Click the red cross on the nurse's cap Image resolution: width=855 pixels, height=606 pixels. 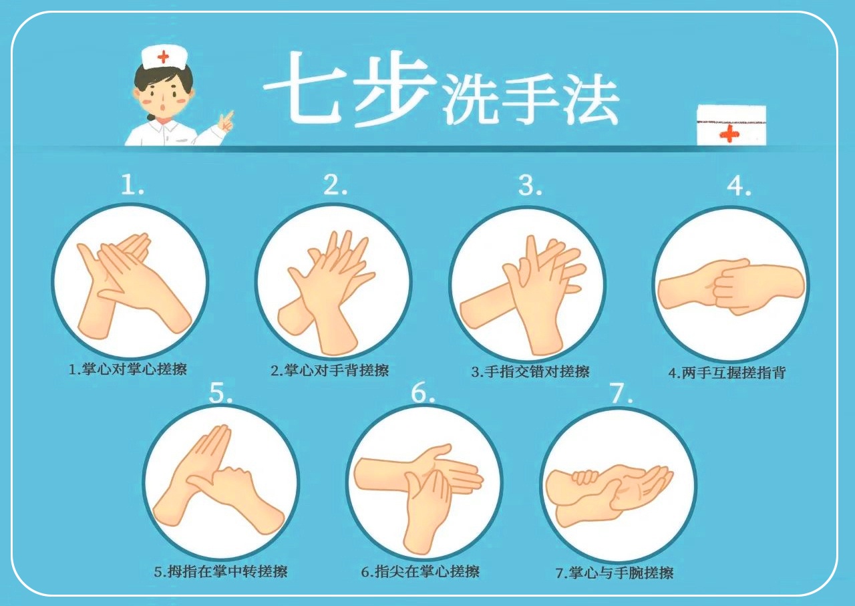point(163,57)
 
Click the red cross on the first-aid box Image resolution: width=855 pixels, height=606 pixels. point(729,134)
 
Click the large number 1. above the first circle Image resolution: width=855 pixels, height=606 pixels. point(132,184)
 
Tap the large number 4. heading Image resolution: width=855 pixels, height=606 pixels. point(739,186)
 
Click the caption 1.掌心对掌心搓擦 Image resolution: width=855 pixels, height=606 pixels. point(128,369)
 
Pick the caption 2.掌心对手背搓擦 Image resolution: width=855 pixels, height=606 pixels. point(330,370)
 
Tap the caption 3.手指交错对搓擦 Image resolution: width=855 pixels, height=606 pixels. point(530,371)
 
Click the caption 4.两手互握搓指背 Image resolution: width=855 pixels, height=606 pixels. point(727,372)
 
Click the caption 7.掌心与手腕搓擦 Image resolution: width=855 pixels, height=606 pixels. point(615,573)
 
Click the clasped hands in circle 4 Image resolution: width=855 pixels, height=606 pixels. point(731,287)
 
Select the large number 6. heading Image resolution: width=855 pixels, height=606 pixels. point(423,393)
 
